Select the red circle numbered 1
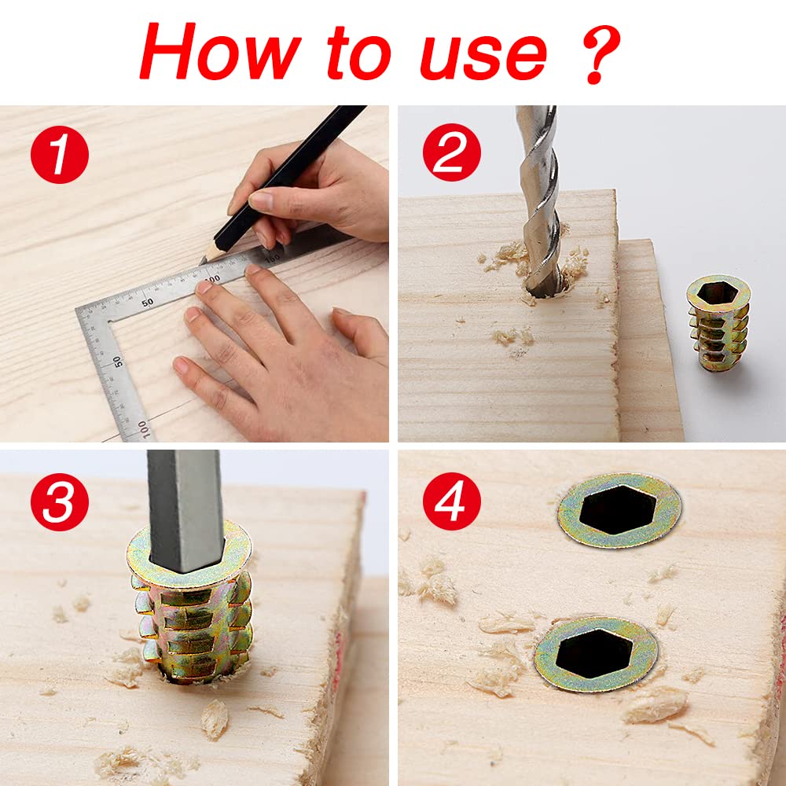[x=60, y=154]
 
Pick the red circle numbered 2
[x=452, y=152]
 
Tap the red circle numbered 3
[x=60, y=501]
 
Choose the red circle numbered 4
[x=452, y=501]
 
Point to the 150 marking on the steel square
[x=273, y=259]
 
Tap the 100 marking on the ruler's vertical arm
[x=144, y=430]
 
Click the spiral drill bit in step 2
[x=540, y=200]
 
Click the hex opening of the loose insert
[x=718, y=292]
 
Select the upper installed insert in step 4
[x=619, y=510]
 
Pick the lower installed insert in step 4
[x=596, y=654]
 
